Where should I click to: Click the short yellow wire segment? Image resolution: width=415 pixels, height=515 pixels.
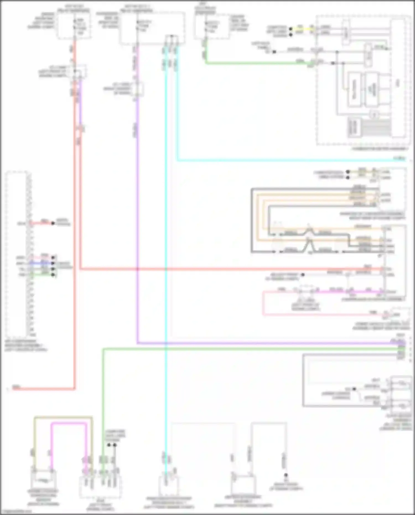point(300,28)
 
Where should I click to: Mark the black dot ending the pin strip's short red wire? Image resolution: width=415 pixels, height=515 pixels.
point(53,223)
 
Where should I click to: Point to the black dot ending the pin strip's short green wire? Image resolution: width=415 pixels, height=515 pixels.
point(53,275)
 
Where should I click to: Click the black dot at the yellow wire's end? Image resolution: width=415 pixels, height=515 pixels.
point(291,29)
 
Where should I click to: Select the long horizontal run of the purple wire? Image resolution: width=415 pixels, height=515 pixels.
point(263,343)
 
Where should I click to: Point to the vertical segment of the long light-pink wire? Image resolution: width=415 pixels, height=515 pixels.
point(263,303)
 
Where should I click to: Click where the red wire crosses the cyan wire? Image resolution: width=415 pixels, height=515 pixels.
point(166,269)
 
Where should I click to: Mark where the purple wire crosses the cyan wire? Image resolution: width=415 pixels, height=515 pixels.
point(166,343)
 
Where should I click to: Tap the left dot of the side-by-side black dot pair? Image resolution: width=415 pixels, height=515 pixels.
point(109,445)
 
